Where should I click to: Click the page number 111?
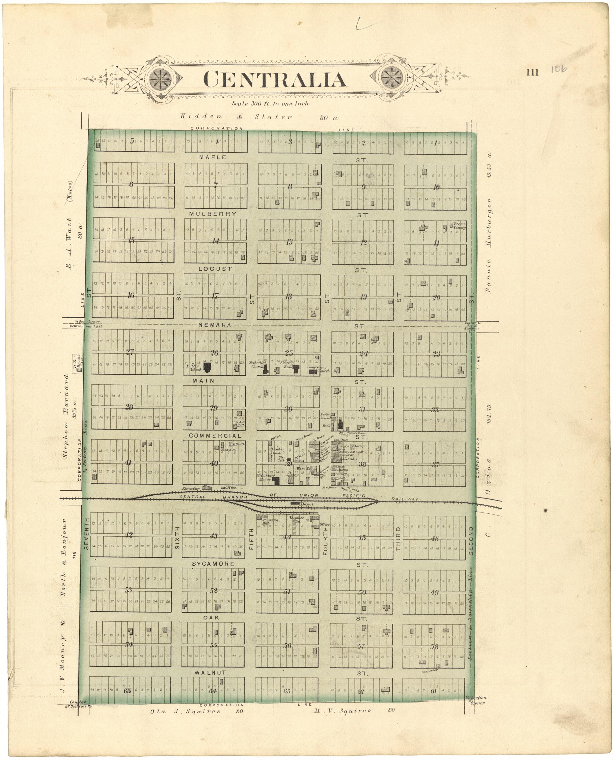(x=532, y=72)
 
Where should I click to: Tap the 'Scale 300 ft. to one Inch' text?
(x=270, y=104)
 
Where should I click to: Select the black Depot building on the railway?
(x=295, y=502)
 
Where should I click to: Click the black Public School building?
(x=207, y=367)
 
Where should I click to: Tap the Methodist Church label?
(x=257, y=365)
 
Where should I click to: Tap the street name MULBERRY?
(x=213, y=214)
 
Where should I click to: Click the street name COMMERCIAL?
(x=215, y=436)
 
